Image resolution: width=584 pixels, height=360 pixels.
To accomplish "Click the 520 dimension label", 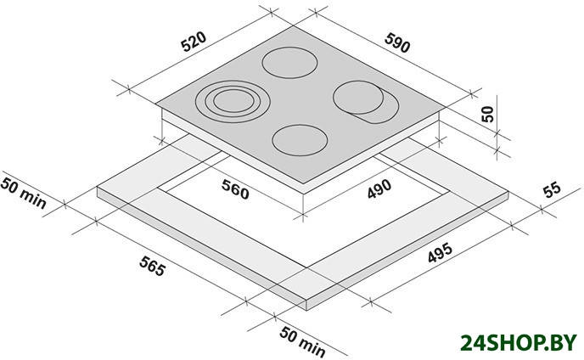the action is pyautogui.click(x=194, y=42).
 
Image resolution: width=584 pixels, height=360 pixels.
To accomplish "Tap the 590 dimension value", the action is pyautogui.click(x=397, y=42).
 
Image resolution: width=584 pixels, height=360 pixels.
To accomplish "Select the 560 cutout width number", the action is pyautogui.click(x=235, y=189).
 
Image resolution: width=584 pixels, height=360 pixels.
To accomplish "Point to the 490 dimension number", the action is pyautogui.click(x=379, y=189).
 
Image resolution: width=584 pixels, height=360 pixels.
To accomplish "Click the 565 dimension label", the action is pyautogui.click(x=152, y=267).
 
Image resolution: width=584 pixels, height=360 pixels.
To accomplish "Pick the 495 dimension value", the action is pyautogui.click(x=440, y=253).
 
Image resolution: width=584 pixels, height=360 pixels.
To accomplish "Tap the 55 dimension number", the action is pyautogui.click(x=552, y=189).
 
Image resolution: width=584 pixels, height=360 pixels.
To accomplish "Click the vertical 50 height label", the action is pyautogui.click(x=487, y=114).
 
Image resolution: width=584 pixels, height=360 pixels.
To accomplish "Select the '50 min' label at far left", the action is pyautogui.click(x=23, y=193).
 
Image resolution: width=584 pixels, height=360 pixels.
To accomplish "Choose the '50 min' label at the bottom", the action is pyautogui.click(x=302, y=341).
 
